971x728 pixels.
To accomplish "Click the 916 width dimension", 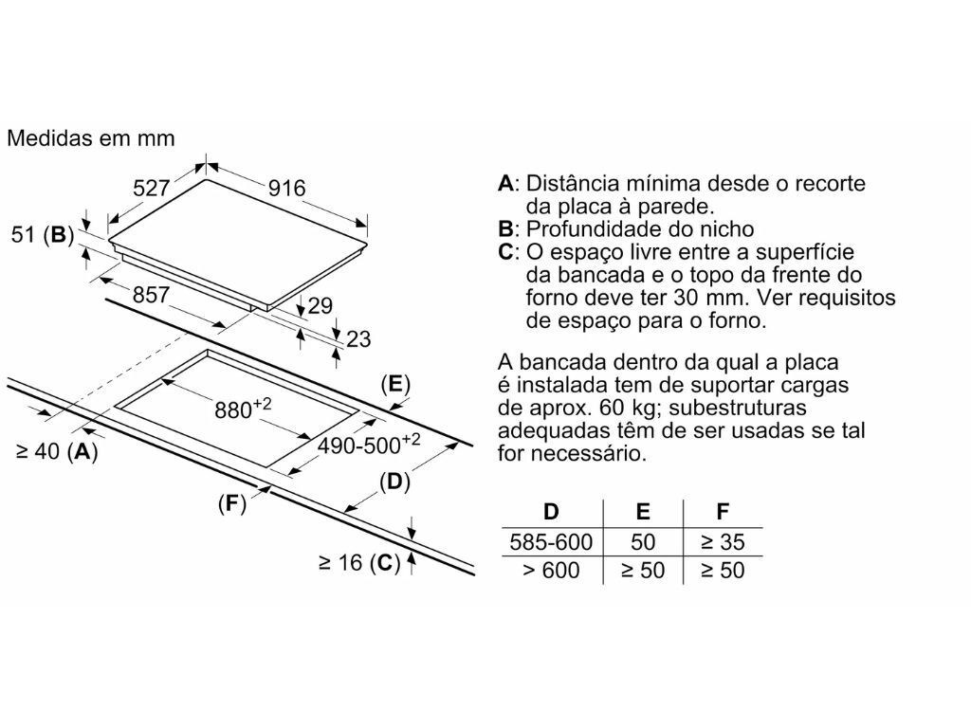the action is click(x=286, y=189).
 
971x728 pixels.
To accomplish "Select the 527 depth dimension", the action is click(x=151, y=188).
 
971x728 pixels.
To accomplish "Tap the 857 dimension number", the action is click(x=151, y=295).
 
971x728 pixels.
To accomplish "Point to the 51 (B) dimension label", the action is click(x=43, y=235).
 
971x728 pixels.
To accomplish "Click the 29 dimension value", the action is click(x=321, y=306).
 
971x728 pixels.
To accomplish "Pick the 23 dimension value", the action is click(x=358, y=339).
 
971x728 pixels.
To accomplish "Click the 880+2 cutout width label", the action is click(x=243, y=409).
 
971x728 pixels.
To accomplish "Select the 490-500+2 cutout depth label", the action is click(x=369, y=444).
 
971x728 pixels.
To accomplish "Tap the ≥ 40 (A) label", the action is click(x=57, y=452).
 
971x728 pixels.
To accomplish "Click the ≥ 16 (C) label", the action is click(x=359, y=563).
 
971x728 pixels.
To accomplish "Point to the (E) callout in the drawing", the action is click(x=395, y=385).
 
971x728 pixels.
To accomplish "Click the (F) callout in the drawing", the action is click(x=232, y=504).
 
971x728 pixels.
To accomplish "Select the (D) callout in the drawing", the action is click(x=395, y=481).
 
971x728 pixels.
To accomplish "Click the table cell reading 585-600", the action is click(x=551, y=542).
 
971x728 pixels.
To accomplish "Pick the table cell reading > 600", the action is click(x=551, y=570).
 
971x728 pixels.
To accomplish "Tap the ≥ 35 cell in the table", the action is click(x=723, y=542).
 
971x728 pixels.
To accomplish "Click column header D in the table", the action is click(x=551, y=512).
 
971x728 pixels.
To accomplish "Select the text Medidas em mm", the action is click(x=91, y=138).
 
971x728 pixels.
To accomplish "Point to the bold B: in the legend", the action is click(x=508, y=229).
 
